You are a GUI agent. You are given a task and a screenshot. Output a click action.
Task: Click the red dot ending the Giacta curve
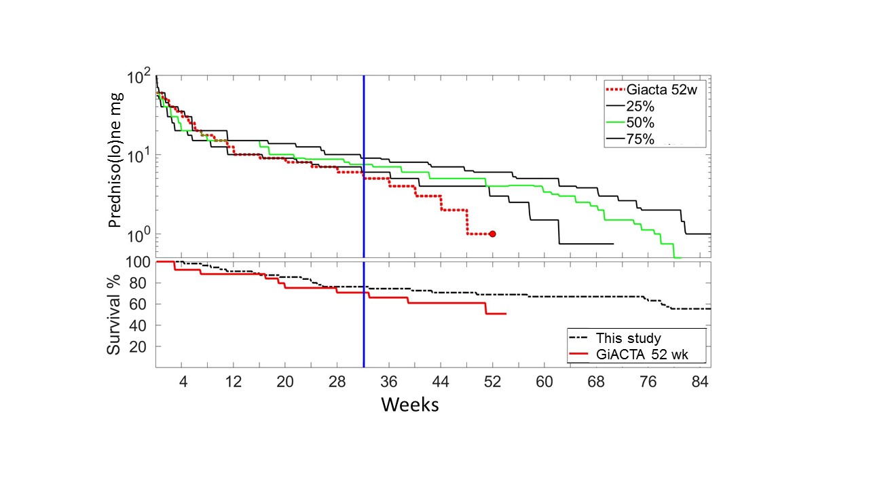coord(492,234)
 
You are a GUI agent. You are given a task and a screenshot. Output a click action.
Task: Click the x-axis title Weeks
coord(409,405)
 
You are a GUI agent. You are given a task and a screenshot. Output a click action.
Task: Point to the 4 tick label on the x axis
coord(182,382)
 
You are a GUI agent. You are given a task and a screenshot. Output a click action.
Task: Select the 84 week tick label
coord(699,382)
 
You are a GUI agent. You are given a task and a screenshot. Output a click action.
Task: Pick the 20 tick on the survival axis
coord(141,347)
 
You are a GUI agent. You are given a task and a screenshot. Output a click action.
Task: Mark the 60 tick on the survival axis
coord(141,304)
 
